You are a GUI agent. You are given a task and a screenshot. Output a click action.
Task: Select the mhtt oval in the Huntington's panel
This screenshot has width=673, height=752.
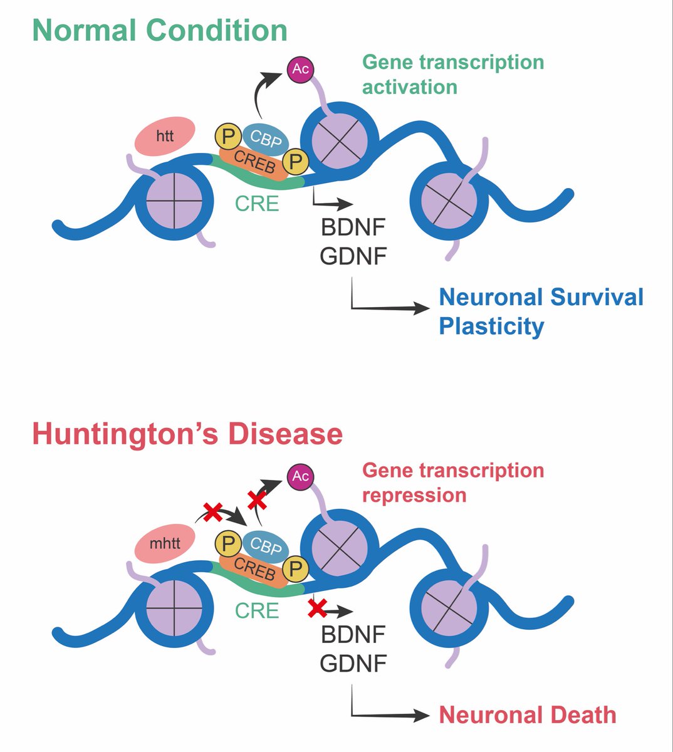click(x=165, y=543)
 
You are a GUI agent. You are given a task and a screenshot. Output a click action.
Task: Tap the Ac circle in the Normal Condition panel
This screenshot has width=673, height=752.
click(x=300, y=69)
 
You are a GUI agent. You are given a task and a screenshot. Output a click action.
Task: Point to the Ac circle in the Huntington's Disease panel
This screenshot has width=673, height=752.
click(x=300, y=477)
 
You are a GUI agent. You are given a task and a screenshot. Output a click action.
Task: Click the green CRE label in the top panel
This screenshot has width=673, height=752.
click(x=257, y=204)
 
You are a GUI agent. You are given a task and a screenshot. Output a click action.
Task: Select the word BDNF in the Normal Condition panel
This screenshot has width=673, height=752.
click(x=353, y=227)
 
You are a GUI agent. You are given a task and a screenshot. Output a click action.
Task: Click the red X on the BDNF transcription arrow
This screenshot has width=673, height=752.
click(x=318, y=608)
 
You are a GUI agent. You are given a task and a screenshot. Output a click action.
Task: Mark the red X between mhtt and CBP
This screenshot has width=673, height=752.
click(x=213, y=513)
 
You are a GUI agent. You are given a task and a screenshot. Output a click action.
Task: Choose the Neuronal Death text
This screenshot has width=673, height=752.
click(x=527, y=715)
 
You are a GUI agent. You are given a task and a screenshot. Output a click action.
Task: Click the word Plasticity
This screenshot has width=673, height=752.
click(x=491, y=326)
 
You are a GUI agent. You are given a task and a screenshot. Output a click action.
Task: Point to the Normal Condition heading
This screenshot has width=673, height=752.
click(x=160, y=31)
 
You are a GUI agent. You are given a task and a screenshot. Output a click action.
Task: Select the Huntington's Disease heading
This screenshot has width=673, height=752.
click(x=187, y=434)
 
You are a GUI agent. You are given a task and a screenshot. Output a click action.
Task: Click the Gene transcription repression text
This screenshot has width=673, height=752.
click(x=452, y=483)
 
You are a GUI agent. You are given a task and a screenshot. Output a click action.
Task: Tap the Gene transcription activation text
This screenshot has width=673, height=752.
click(x=452, y=75)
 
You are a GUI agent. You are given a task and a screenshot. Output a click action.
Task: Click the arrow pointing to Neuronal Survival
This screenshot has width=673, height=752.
click(x=389, y=307)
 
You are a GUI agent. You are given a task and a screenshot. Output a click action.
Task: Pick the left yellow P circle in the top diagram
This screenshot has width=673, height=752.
click(x=226, y=135)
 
